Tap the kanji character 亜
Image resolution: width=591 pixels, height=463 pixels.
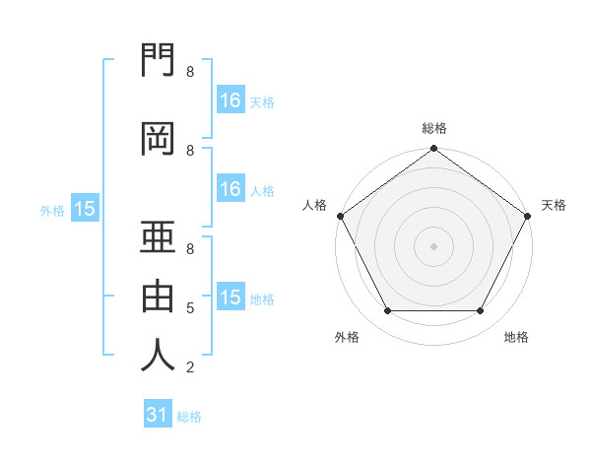[x=158, y=238]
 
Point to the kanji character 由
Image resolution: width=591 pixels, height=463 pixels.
[x=158, y=297]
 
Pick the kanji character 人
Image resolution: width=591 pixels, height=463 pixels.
[x=158, y=356]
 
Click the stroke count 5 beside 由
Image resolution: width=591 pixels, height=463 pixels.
[x=189, y=308]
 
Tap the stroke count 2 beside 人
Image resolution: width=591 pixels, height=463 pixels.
[x=189, y=367]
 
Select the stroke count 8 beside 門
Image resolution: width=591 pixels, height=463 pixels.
[x=189, y=72]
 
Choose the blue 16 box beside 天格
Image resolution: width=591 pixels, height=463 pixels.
[x=230, y=100]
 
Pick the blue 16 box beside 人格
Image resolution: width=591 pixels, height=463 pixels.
[x=230, y=189]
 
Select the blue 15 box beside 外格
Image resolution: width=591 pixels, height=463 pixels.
[x=84, y=209]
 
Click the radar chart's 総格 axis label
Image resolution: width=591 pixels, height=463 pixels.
[x=433, y=128]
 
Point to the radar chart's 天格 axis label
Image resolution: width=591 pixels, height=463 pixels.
[x=554, y=205]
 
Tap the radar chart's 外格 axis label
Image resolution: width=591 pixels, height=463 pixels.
[x=347, y=337]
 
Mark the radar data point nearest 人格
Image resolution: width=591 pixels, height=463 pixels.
[x=340, y=216]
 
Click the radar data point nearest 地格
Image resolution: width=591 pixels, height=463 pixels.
[x=481, y=311]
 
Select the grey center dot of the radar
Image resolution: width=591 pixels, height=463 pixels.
[x=433, y=245]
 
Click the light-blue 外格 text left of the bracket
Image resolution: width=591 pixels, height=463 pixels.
[x=51, y=210]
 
